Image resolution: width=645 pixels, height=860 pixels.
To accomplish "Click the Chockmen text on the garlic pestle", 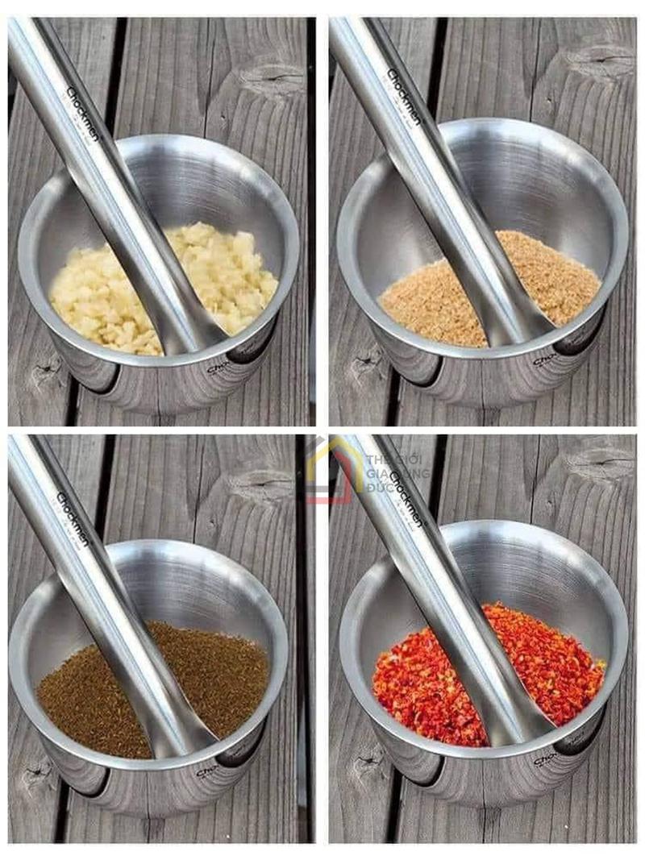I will [81, 114].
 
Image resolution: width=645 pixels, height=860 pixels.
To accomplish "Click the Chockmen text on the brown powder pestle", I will [403, 97].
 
